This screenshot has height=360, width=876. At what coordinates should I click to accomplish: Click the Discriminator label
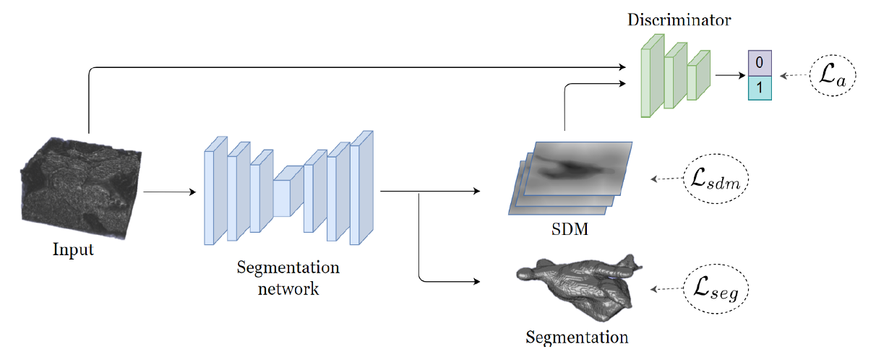pyautogui.click(x=679, y=20)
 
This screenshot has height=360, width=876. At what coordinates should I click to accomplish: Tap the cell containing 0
pyautogui.click(x=760, y=63)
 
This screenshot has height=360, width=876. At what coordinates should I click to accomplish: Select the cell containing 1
pyautogui.click(x=760, y=87)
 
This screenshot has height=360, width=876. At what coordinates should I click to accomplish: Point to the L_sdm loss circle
pyautogui.click(x=716, y=179)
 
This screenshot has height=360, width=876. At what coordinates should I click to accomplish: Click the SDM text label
pyautogui.click(x=568, y=232)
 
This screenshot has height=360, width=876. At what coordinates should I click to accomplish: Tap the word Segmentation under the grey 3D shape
pyautogui.click(x=577, y=337)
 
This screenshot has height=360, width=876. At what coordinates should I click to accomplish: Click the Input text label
pyautogui.click(x=74, y=250)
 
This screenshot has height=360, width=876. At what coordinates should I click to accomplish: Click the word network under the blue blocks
pyautogui.click(x=288, y=289)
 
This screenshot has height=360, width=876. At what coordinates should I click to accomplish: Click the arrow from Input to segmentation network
pyautogui.click(x=170, y=192)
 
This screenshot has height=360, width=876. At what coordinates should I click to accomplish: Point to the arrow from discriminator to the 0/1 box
pyautogui.click(x=730, y=74)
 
